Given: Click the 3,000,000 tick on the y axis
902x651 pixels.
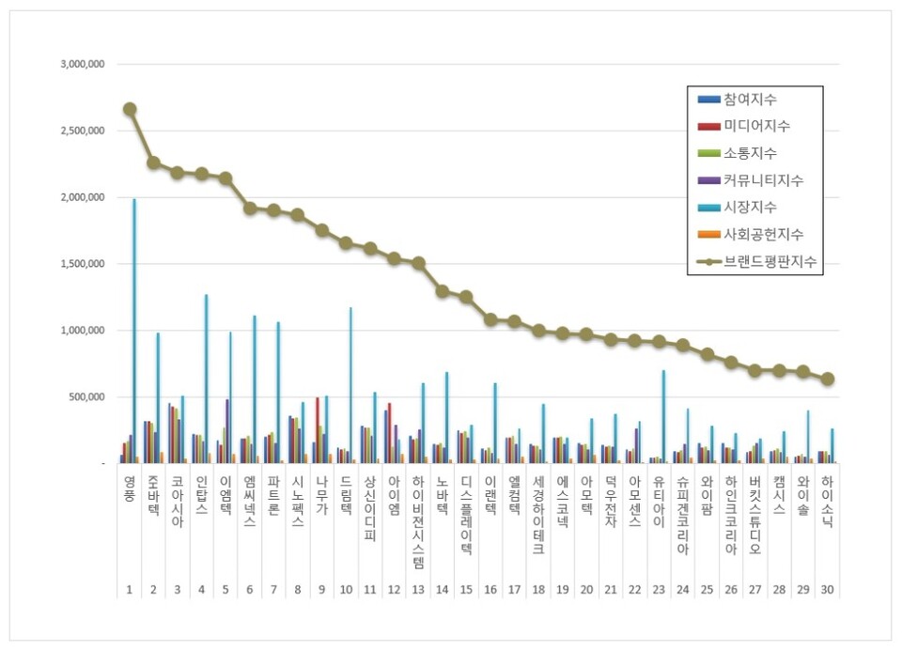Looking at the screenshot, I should coord(83,65).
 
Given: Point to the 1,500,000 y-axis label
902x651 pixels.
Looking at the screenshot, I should coord(83,264).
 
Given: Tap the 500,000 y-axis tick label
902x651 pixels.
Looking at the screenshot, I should coord(88,397).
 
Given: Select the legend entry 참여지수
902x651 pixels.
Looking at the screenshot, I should coord(750,100).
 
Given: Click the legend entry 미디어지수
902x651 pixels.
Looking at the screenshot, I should coord(756,126).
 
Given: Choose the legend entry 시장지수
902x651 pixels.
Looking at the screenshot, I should coord(750,207).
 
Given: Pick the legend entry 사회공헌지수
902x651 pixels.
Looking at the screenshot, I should coord(763,234).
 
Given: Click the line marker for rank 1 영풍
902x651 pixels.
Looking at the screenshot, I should coord(130,109).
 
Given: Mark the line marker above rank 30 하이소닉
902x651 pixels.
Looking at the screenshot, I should coord(827,380).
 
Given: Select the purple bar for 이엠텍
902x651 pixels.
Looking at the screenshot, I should coord(226,431).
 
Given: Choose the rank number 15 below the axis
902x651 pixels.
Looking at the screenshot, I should coord(466,591).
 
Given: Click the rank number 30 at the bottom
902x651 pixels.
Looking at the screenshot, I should coord(827,591).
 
